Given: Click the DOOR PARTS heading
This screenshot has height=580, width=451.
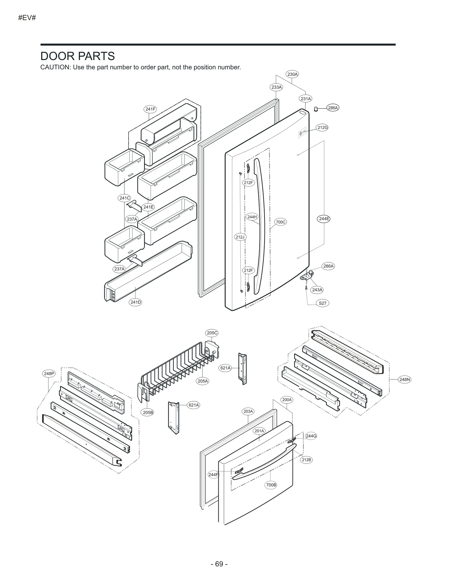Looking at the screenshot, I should click(78, 56).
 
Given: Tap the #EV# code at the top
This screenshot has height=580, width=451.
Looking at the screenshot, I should click(27, 18).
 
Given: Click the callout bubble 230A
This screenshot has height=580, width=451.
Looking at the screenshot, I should click(292, 74).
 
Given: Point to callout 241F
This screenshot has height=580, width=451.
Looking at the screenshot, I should click(150, 109).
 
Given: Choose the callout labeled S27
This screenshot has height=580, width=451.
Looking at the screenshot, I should click(322, 303).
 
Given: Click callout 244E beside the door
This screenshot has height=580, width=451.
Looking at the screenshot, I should click(324, 219).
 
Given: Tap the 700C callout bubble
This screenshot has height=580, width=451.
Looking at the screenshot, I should click(280, 222).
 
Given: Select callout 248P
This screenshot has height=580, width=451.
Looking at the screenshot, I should click(49, 374).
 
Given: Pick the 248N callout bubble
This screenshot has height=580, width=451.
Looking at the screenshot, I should click(404, 380).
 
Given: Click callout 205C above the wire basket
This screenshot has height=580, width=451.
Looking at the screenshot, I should click(212, 333).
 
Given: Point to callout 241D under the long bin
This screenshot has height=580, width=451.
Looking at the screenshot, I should click(136, 302).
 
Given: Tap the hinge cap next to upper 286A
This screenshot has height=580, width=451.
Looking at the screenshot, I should click(316, 109).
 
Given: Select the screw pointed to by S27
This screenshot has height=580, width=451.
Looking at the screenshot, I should click(306, 288).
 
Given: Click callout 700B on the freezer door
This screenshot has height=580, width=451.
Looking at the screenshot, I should click(271, 485).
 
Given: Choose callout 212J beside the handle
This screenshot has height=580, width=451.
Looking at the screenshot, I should click(240, 237).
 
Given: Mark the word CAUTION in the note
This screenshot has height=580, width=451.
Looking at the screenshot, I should click(55, 67).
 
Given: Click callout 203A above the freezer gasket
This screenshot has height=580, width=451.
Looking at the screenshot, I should click(248, 411).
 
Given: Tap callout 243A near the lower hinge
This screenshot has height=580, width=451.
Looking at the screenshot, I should click(317, 290).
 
